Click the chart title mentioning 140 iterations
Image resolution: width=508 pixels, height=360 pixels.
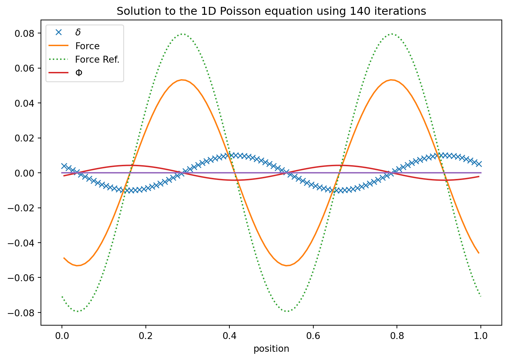coord(271,11)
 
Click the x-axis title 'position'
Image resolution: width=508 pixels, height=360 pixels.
coord(271,349)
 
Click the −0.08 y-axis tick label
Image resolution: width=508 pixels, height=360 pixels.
coord(23,313)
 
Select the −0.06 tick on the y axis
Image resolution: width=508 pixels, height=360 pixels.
coord(23,278)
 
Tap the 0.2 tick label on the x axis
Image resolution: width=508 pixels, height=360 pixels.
coord(145,336)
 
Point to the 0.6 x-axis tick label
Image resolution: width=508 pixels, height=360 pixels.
coord(313,336)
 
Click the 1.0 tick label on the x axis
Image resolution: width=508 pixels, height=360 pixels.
coord(480,336)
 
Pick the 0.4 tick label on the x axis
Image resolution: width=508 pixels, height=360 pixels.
coord(229,336)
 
